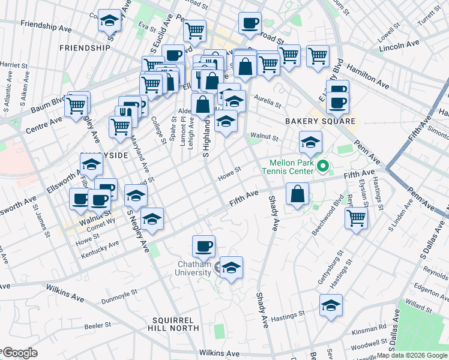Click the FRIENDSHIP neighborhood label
(85, 47)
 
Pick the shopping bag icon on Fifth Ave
(298, 194)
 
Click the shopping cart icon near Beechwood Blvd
(357, 217)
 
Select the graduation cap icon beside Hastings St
(331, 305)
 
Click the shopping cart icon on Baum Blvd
(77, 104)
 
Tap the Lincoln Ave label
(400, 45)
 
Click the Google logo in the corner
(20, 353)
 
